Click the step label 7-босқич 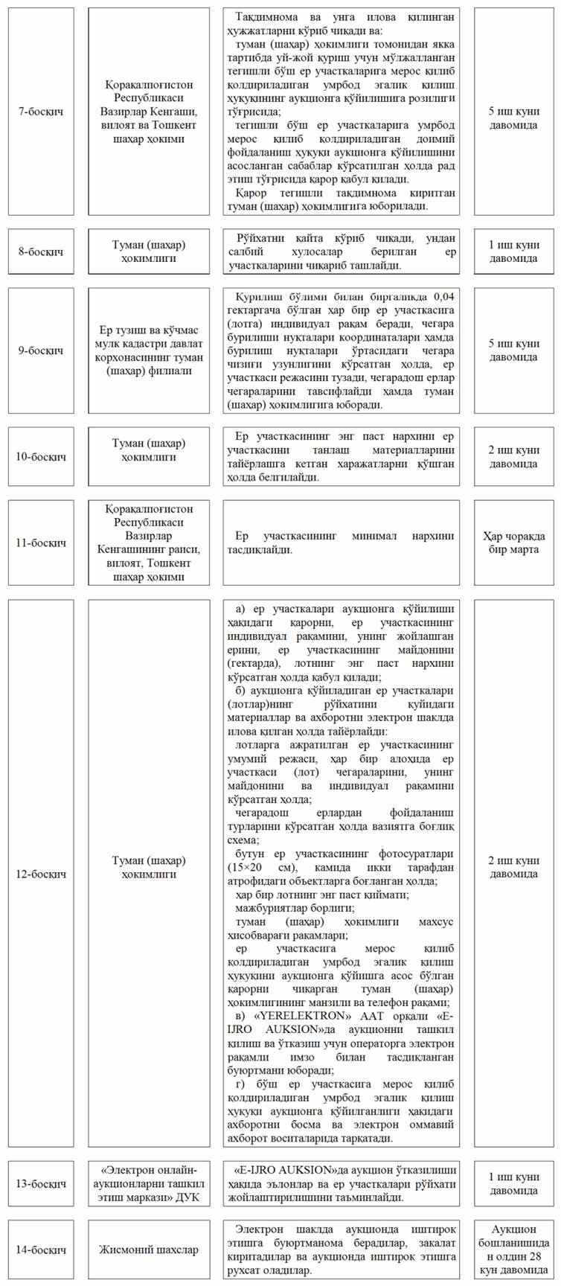click(40, 111)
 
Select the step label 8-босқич click(40, 252)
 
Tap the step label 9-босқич click(40, 350)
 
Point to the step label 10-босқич click(40, 456)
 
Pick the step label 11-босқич click(40, 543)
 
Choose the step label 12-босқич click(40, 873)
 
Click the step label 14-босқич click(40, 1250)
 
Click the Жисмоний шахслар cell click(149, 1250)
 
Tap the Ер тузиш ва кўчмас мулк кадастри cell click(149, 350)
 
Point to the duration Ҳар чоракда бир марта click(513, 543)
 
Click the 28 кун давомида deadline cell click(513, 1250)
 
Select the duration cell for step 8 click(513, 252)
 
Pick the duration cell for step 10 click(513, 456)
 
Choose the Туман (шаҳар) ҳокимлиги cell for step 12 click(149, 873)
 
